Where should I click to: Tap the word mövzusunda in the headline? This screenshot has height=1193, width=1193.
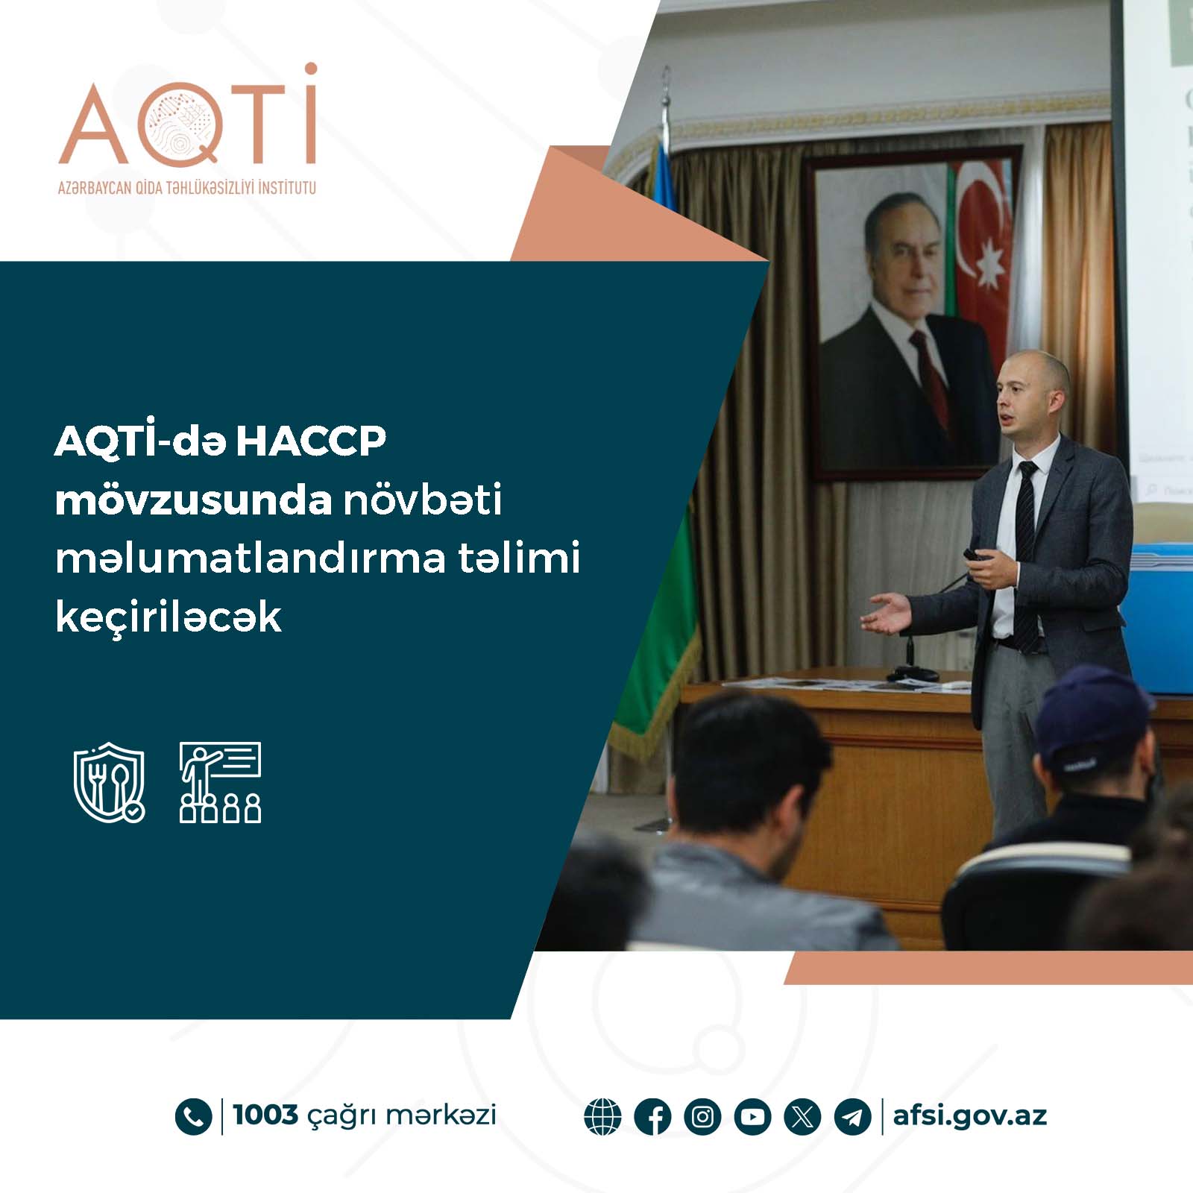(193, 500)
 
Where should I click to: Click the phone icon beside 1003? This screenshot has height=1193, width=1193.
(193, 1117)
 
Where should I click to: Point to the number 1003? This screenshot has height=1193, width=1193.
(265, 1115)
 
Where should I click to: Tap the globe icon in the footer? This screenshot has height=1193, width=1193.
(602, 1117)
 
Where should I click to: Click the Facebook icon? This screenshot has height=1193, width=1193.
(652, 1117)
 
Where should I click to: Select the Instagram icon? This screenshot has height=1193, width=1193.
(702, 1117)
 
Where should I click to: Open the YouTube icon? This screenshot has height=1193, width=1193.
(752, 1117)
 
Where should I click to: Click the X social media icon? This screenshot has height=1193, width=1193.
(802, 1117)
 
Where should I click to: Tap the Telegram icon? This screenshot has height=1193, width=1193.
(852, 1117)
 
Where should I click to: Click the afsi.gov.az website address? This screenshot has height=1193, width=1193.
(970, 1116)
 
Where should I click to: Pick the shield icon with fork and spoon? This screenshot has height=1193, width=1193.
(109, 782)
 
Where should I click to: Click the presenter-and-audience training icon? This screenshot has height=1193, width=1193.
(220, 782)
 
